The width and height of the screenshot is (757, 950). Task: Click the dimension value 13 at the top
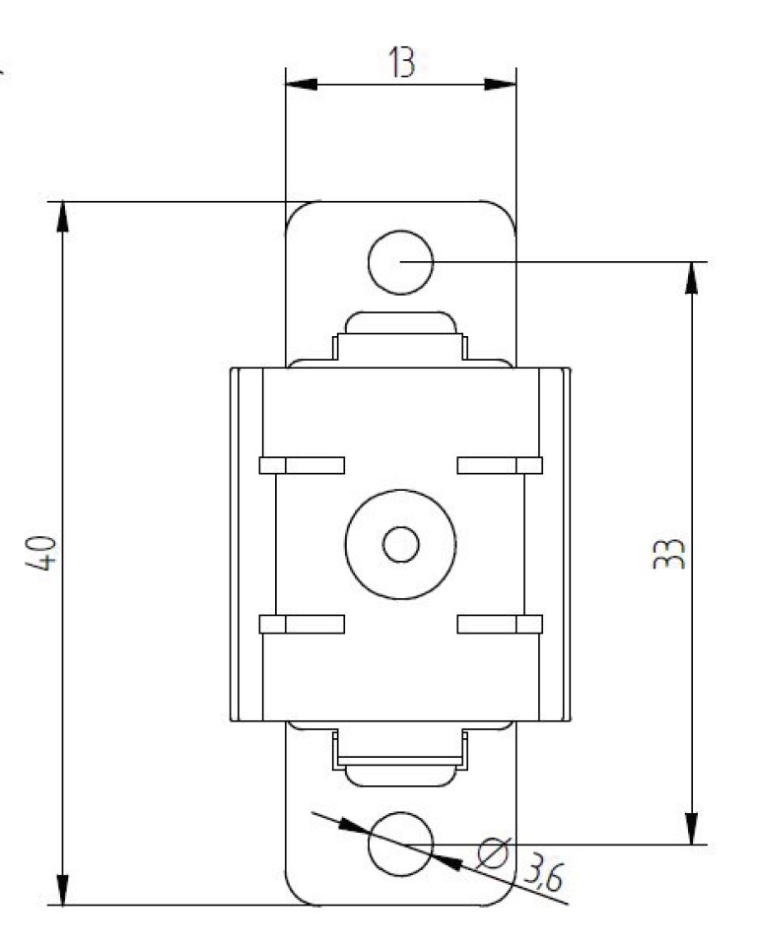click(400, 62)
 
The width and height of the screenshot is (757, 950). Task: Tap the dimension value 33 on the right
click(671, 553)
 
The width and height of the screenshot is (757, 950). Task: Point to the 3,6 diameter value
click(545, 871)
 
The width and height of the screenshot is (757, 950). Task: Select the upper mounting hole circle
click(400, 262)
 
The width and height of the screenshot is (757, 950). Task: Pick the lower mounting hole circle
click(400, 844)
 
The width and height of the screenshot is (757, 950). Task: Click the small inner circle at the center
click(400, 544)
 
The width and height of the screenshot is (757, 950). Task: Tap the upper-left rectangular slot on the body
click(302, 465)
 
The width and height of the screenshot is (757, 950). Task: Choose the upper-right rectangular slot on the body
click(500, 465)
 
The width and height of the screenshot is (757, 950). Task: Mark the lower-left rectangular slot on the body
click(302, 623)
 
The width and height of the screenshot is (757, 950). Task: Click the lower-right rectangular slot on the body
click(500, 623)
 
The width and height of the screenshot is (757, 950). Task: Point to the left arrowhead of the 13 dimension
click(299, 86)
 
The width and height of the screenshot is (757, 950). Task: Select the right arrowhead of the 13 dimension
click(503, 86)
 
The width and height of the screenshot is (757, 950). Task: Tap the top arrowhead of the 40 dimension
click(63, 217)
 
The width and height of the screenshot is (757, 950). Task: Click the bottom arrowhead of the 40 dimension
click(63, 890)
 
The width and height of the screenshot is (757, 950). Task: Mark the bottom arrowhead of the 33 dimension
click(692, 829)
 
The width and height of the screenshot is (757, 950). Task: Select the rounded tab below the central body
click(400, 775)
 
